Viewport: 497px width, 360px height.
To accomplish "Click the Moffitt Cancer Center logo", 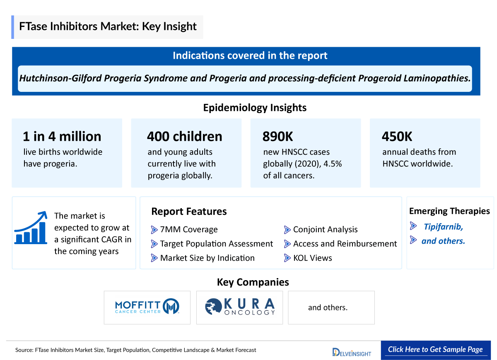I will [x=147, y=307].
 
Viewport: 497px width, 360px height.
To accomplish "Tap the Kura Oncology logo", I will [x=240, y=307].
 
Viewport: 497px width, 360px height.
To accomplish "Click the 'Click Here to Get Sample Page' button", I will [x=435, y=350].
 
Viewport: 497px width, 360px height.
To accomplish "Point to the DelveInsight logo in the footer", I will [x=352, y=352].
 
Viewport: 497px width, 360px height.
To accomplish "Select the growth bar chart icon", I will [x=30, y=228].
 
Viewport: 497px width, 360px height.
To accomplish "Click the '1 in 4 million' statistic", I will [x=62, y=137].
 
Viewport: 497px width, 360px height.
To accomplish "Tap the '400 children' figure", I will [x=184, y=137].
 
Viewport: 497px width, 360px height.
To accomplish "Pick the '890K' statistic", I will [x=277, y=137].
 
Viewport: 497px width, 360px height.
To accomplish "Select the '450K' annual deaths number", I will [x=397, y=137].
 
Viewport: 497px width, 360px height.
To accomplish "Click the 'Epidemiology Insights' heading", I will [x=255, y=108].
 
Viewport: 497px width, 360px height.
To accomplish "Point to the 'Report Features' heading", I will [x=189, y=211].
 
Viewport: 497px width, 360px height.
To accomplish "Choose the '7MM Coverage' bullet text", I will [x=188, y=230].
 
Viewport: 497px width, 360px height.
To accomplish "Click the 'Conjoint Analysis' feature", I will [x=325, y=230].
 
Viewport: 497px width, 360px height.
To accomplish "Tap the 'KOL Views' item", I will [x=312, y=258].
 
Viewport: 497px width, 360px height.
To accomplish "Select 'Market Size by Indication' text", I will [x=207, y=258].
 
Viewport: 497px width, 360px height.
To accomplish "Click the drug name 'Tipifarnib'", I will [x=443, y=227].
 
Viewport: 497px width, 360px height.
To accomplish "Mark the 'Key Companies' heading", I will [x=253, y=282].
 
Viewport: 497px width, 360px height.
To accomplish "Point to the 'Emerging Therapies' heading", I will [x=449, y=211].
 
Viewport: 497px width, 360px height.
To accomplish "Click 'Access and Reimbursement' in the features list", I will [x=345, y=244].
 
